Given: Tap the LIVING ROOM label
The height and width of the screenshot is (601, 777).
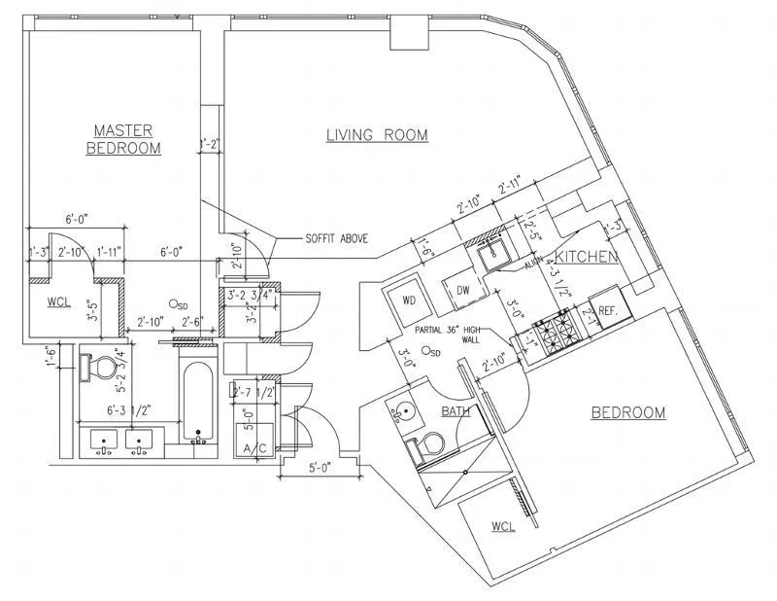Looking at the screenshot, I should tap(377, 135).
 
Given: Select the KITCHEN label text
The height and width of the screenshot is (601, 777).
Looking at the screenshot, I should tap(587, 256).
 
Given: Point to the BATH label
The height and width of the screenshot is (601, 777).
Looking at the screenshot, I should tap(456, 411).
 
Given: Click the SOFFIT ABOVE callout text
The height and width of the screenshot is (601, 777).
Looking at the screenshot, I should tap(336, 238).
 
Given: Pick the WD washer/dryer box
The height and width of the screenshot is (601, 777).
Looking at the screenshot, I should tap(409, 300).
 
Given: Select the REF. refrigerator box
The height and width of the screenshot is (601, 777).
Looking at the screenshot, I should tap(609, 310).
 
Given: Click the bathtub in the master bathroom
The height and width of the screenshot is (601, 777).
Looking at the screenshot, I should tap(198, 404).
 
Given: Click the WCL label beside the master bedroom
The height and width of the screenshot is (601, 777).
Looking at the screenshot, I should tap(60, 301).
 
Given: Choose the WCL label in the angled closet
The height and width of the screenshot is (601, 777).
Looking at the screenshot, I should tap(502, 526).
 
